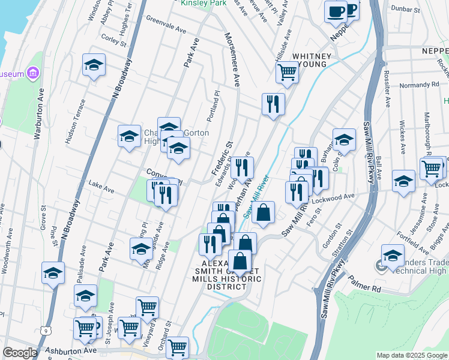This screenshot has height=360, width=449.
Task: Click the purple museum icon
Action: coord(33,74)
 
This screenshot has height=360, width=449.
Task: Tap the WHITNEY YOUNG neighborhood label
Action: coord(309,60)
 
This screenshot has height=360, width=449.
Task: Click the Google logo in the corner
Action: coord(20,353)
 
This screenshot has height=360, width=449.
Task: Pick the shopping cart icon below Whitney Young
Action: coord(287,73)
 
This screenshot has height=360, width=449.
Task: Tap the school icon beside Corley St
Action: coord(94,65)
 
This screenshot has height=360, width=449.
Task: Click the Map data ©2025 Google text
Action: coord(411,355)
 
